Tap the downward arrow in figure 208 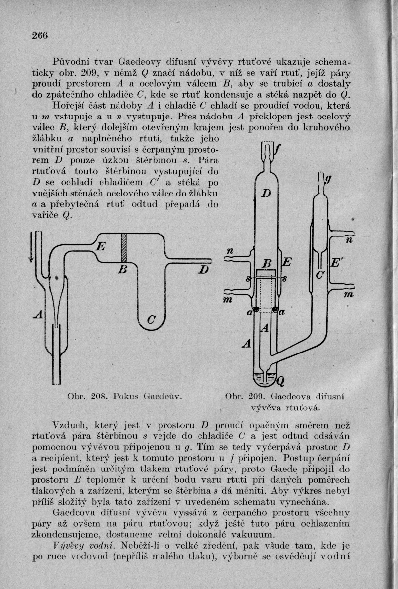click(x=33, y=247)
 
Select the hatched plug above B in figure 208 click(x=124, y=249)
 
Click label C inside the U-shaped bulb click(x=153, y=321)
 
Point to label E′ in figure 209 click(x=335, y=264)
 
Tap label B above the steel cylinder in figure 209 click(x=267, y=263)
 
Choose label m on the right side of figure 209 click(x=349, y=295)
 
